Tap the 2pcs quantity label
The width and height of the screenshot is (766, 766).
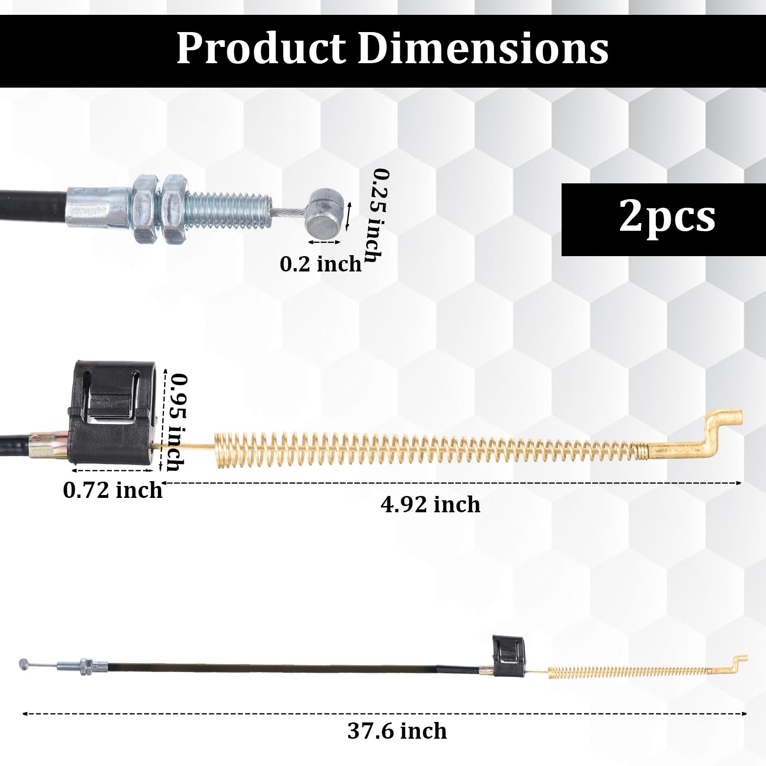coord(667,216)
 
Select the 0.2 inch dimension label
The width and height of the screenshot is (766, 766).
coord(321,264)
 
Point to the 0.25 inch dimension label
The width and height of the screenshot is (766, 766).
coord(377,215)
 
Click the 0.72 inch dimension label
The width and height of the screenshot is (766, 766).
coord(113,490)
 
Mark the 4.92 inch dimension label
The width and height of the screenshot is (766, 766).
coord(430,505)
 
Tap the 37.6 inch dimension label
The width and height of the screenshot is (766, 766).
coord(397,731)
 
